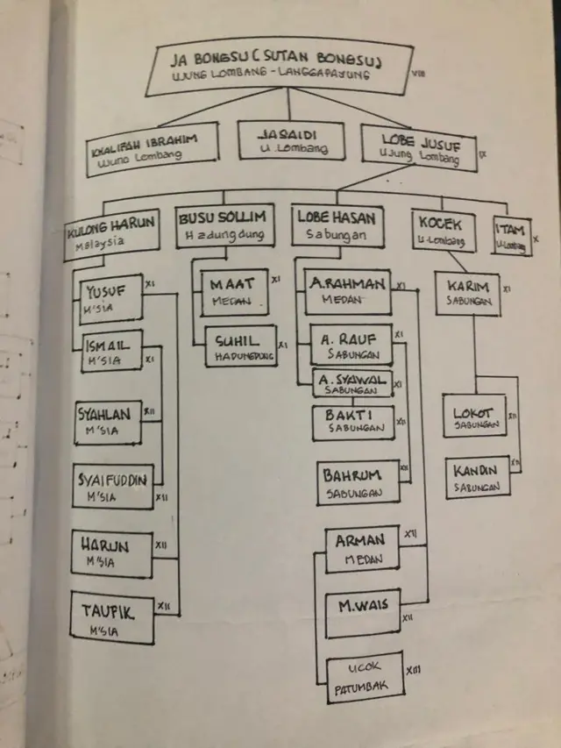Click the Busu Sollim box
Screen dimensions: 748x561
[227, 225]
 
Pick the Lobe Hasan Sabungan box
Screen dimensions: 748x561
[338, 226]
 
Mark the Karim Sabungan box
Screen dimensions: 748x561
[467, 295]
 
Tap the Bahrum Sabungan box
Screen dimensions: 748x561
[358, 482]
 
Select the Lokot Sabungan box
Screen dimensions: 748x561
[474, 416]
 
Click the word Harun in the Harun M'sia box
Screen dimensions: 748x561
[104, 546]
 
